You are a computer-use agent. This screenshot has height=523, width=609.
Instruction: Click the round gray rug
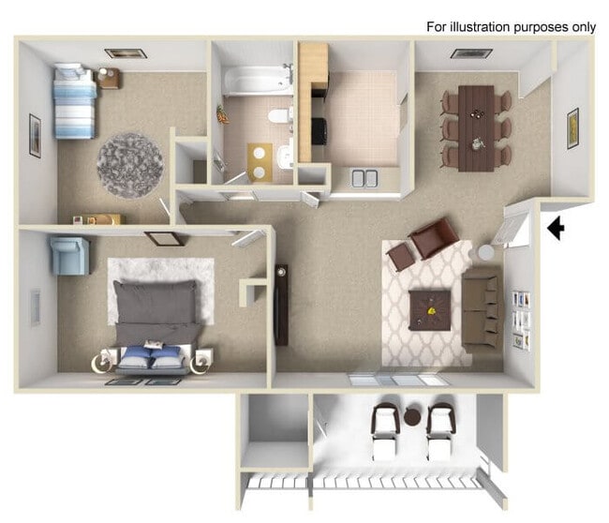coord(129,165)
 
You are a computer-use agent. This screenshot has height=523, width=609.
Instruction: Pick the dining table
coord(475,127)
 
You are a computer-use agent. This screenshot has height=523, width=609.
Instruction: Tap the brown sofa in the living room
coord(482,309)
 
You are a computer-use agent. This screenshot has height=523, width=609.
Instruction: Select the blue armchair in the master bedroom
coord(70,255)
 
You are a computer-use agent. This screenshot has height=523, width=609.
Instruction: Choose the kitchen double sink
coord(364,178)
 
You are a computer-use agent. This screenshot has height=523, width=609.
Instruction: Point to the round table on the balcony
coord(413,417)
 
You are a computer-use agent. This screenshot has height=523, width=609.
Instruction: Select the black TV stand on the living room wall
coord(281,305)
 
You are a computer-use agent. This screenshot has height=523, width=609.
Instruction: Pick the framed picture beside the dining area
coord(572,128)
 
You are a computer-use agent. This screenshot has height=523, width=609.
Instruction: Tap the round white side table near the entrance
coord(486,252)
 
